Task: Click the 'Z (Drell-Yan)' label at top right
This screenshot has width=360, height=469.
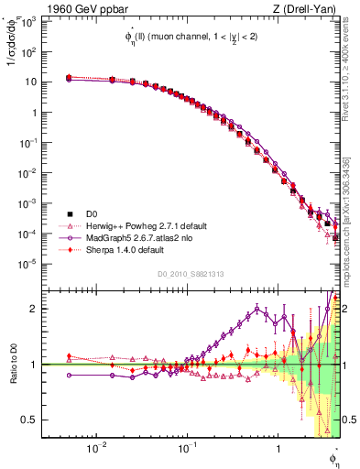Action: click(x=308, y=8)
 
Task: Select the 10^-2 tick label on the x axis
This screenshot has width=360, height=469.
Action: click(x=94, y=449)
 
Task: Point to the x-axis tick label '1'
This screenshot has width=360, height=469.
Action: click(x=278, y=449)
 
